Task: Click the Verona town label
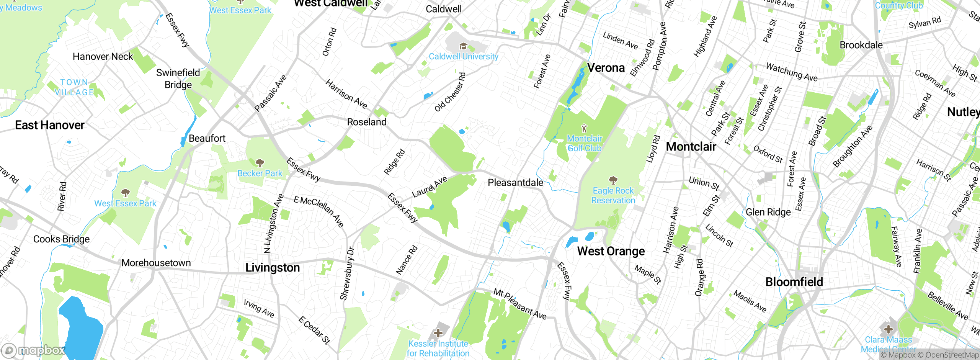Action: point(606,68)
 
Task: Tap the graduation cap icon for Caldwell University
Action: point(463,46)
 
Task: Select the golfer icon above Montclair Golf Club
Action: point(584,128)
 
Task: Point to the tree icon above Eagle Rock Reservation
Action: point(613,180)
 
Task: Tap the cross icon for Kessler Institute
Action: point(438,333)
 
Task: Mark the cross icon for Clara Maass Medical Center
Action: point(888,329)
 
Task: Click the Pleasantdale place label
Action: point(515,183)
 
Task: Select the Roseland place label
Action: point(367,122)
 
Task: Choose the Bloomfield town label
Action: point(794,282)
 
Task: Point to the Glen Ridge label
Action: point(768,212)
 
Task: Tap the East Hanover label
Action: point(50,125)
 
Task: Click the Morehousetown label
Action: point(156,263)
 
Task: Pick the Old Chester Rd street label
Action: point(450,92)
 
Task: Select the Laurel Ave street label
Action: point(429,187)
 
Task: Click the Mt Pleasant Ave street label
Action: point(519,304)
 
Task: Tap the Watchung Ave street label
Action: point(791,72)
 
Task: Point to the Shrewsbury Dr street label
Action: point(347,273)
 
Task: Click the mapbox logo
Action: point(34,350)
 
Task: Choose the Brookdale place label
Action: point(861,45)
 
